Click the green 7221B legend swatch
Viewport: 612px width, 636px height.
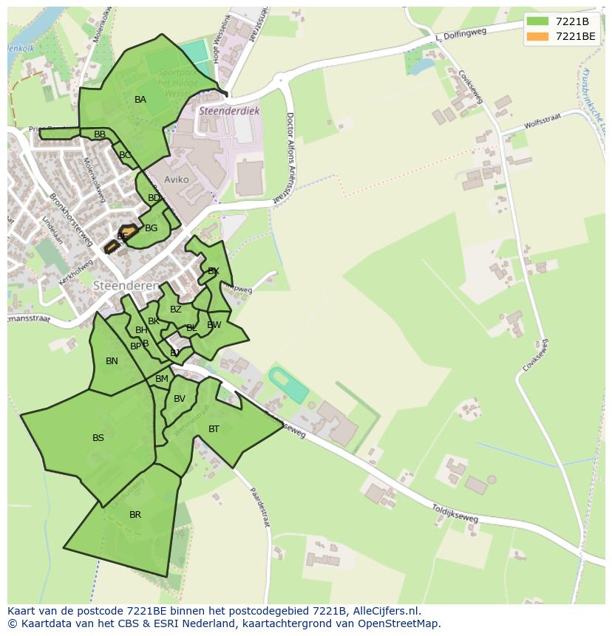coord(537,21)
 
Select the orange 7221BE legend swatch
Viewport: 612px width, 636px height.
coord(537,36)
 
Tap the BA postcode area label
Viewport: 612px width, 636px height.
coord(140,100)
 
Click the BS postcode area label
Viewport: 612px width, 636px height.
coord(98,438)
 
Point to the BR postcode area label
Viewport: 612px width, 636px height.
coord(135,515)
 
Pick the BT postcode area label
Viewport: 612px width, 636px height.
coord(214,429)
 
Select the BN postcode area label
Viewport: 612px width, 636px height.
coord(112,361)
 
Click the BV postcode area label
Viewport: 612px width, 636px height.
coord(180,399)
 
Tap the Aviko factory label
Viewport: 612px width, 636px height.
coord(177,179)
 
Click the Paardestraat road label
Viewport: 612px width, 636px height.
coord(259,507)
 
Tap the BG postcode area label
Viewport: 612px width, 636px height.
coord(151,228)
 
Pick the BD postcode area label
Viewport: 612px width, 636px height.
coord(154,198)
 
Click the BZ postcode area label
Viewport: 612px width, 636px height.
coord(175,310)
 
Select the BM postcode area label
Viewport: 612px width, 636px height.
coord(162,379)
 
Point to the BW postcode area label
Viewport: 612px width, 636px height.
coord(214,325)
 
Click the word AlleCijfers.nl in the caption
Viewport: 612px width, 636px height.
coord(384,611)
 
